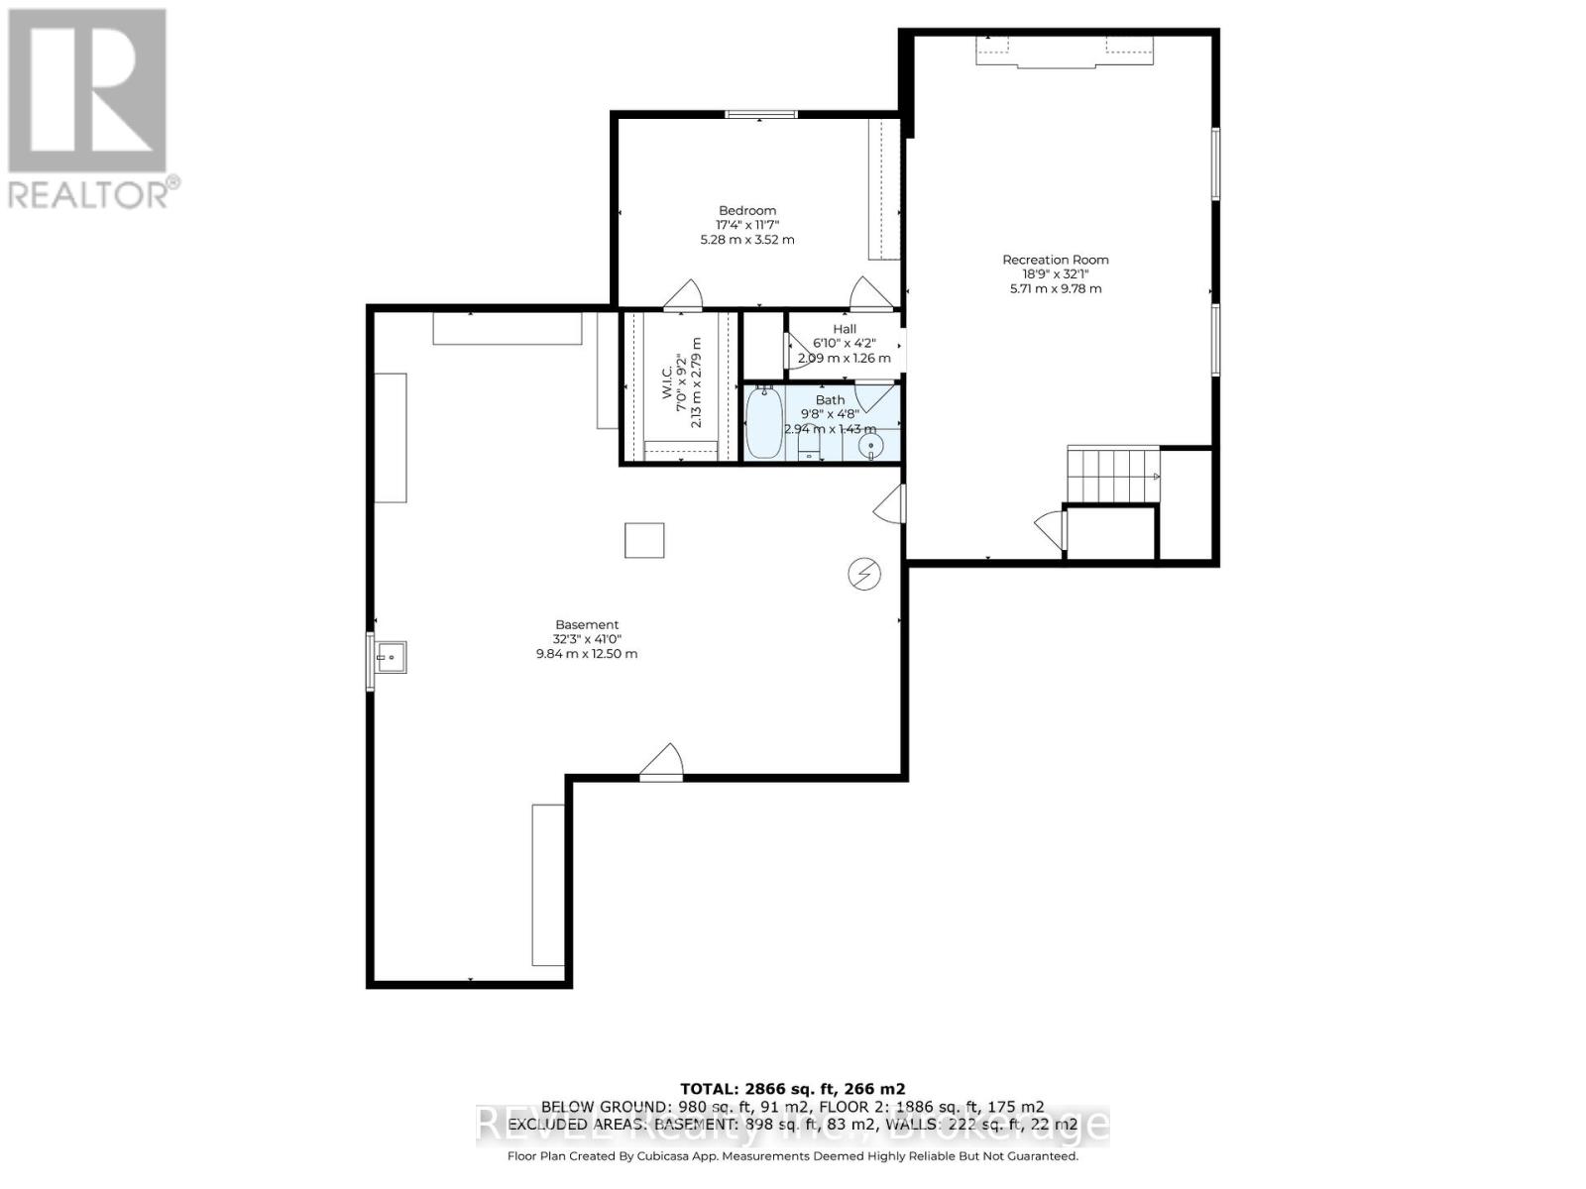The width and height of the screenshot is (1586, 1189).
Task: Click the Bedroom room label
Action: (747, 210)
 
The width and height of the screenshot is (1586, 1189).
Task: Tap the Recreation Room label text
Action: (1055, 260)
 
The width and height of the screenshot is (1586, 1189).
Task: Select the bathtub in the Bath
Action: (763, 424)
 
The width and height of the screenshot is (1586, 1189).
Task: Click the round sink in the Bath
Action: (870, 446)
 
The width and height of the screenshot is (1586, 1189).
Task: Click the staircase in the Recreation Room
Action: (1112, 476)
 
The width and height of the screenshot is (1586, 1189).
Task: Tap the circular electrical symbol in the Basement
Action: (864, 574)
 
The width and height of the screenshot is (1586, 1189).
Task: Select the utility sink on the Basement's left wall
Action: (389, 656)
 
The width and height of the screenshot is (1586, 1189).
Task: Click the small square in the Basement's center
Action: (644, 540)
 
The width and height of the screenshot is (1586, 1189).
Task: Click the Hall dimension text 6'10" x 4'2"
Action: (845, 344)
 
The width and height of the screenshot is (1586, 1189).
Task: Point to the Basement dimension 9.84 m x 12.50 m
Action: (587, 654)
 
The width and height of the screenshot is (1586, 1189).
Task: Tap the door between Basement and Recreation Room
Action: (890, 503)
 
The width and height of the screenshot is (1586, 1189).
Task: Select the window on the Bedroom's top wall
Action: (761, 115)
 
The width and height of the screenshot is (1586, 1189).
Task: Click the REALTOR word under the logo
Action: (89, 194)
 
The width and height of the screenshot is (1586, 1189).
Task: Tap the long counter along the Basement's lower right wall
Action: (548, 884)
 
